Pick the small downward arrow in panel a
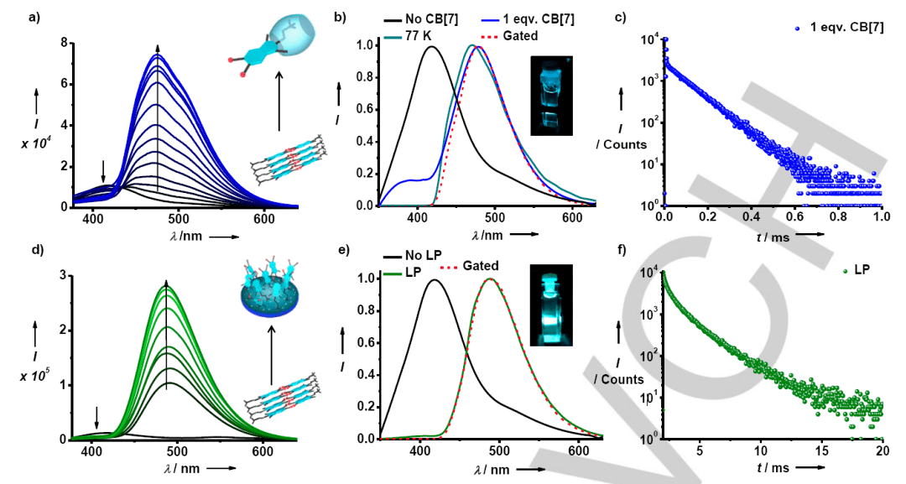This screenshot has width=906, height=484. click(103, 171)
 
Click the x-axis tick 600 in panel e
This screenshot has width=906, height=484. click(573, 450)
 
